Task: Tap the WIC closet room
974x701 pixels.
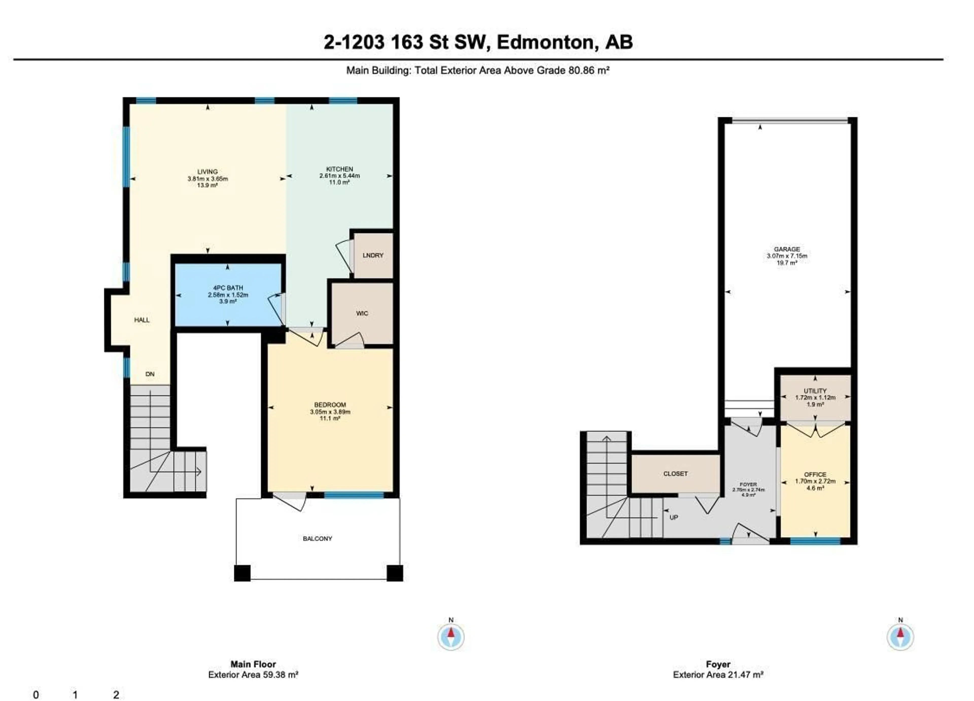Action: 362,313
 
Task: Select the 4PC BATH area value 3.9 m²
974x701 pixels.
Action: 228,302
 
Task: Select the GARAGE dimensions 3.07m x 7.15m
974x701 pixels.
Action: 787,256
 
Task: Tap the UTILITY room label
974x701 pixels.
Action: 815,391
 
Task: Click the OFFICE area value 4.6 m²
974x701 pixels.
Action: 815,488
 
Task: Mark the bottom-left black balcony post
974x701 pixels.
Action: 242,573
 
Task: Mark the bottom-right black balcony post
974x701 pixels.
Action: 395,573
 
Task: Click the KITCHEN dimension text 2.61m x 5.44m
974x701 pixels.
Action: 339,176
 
